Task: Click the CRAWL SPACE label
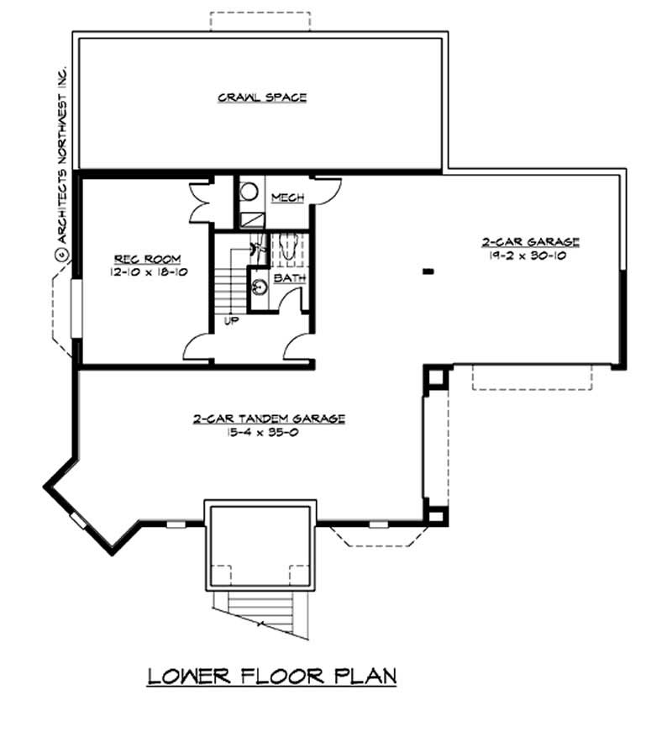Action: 262,97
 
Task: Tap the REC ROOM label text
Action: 141,259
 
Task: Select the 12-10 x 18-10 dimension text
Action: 141,272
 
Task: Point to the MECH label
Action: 286,197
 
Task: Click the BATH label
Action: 288,276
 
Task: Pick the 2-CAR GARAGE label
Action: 530,243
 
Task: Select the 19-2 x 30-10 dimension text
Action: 530,256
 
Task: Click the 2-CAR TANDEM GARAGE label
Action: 269,419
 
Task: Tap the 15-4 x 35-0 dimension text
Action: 269,432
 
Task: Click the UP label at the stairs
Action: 229,320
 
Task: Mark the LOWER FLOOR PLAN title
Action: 271,676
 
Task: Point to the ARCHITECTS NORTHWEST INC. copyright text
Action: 61,160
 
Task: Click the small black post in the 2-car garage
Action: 428,271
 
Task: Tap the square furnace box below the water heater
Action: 249,219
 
